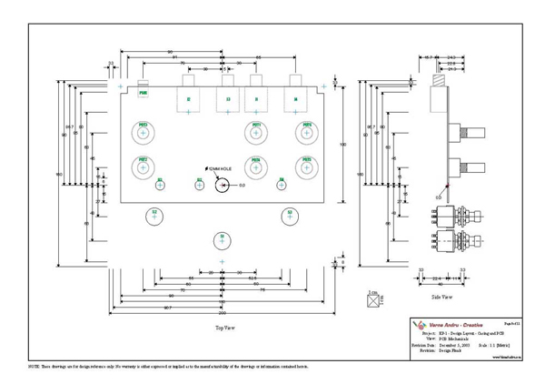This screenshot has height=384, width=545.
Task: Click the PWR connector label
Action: click(x=144, y=93)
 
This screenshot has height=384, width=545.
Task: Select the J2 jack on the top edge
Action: click(x=189, y=98)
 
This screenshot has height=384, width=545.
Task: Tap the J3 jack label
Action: click(x=228, y=98)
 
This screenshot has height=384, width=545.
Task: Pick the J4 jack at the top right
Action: click(x=295, y=98)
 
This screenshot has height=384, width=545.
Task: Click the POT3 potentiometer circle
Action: click(x=257, y=134)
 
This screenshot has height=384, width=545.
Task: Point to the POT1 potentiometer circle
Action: click(x=144, y=134)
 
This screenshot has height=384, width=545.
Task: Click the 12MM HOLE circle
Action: click(x=221, y=185)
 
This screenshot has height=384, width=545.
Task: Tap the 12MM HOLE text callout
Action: click(x=220, y=170)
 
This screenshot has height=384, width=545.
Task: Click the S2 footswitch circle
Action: click(x=154, y=217)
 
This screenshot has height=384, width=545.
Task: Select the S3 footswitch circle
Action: click(x=289, y=217)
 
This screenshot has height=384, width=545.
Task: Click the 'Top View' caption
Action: click(x=225, y=325)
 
